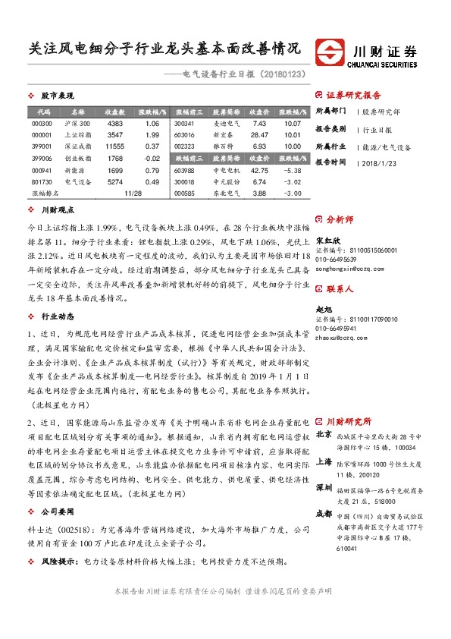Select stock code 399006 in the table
coord(42,158)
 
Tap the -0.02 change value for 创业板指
coord(151,158)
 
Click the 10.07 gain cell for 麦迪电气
coord(293,123)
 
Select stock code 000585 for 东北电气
coord(184,194)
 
